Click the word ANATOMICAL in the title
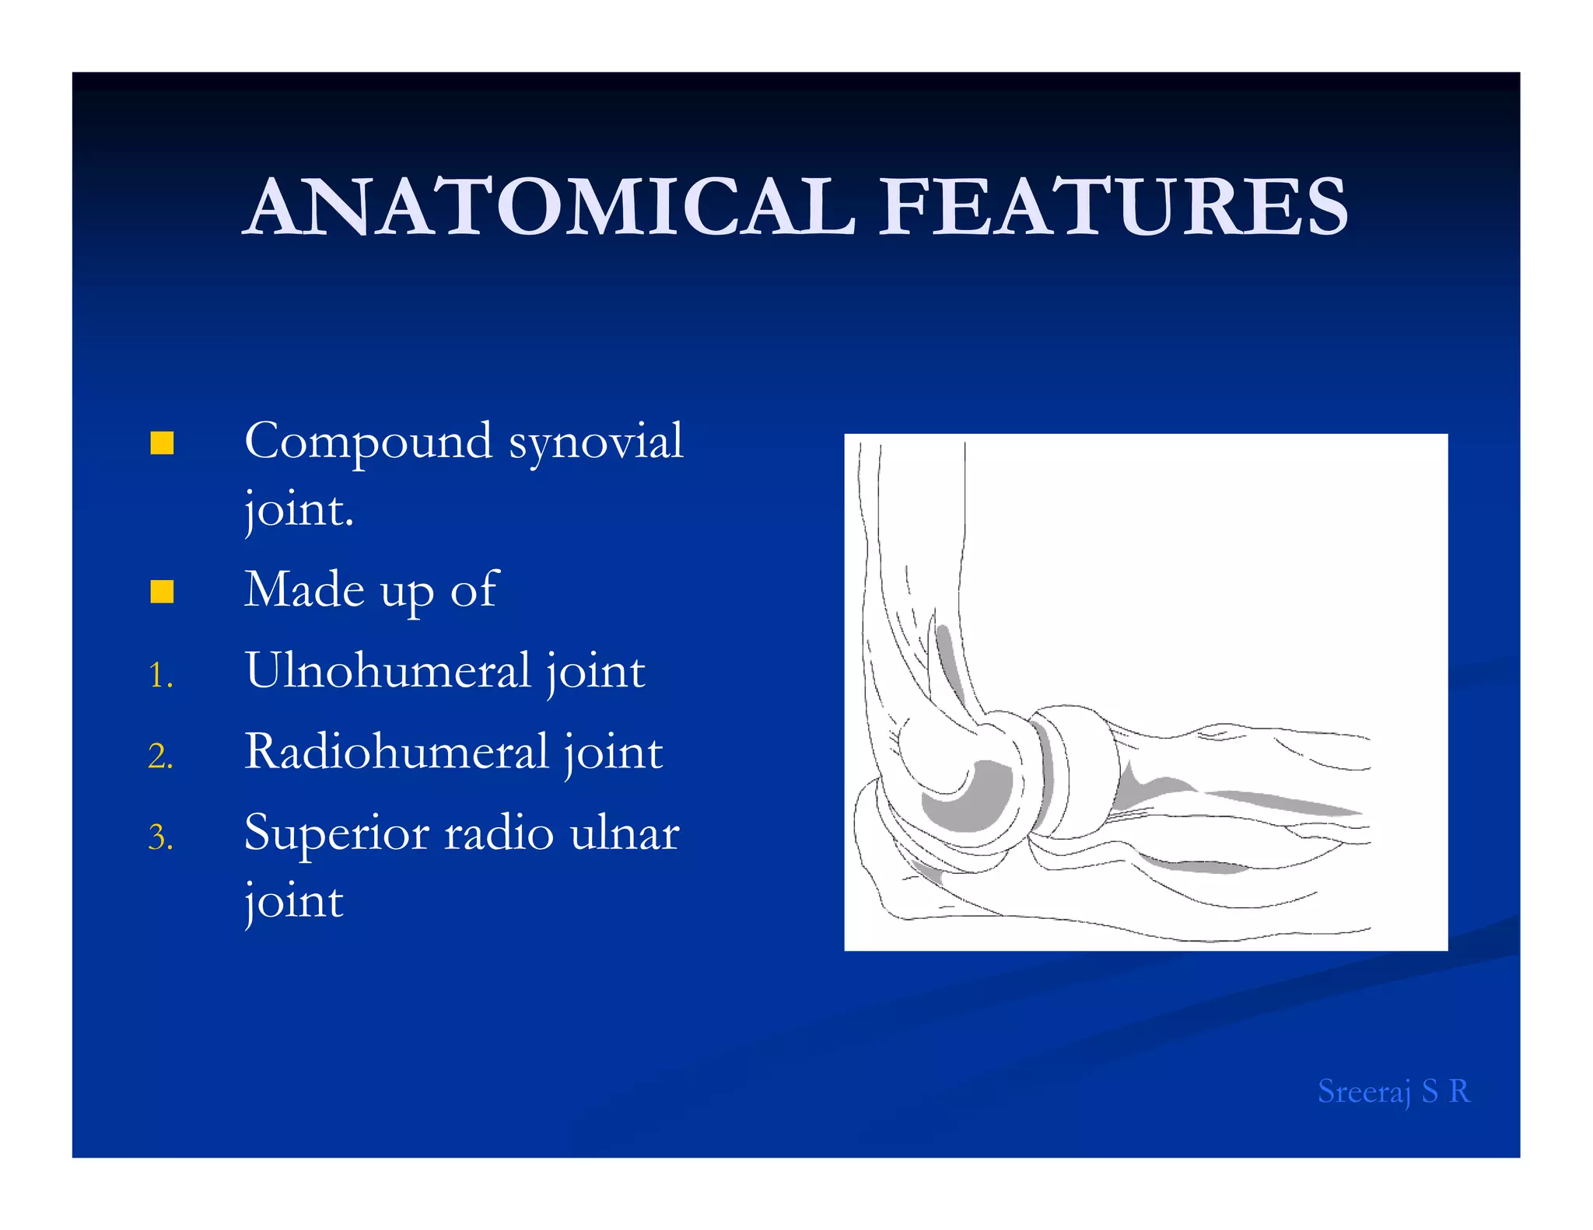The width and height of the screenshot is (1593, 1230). [551, 207]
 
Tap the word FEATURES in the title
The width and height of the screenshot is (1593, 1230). [1113, 207]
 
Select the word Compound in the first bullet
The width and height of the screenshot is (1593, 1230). [368, 442]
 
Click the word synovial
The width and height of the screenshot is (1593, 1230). [596, 442]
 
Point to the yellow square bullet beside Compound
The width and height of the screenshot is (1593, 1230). [162, 443]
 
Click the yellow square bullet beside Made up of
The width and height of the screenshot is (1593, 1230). [162, 592]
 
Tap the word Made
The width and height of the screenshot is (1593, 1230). [304, 589]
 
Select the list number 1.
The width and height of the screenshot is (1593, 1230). [160, 675]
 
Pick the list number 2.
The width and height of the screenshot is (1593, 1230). [160, 756]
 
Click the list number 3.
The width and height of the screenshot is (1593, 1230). [160, 837]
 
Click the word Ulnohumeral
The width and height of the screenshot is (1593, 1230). [387, 670]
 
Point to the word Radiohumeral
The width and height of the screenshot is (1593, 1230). [396, 752]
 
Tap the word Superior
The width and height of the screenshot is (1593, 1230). [336, 833]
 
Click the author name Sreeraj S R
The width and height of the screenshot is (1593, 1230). [1393, 1092]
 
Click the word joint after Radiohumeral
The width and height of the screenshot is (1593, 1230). [613, 752]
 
